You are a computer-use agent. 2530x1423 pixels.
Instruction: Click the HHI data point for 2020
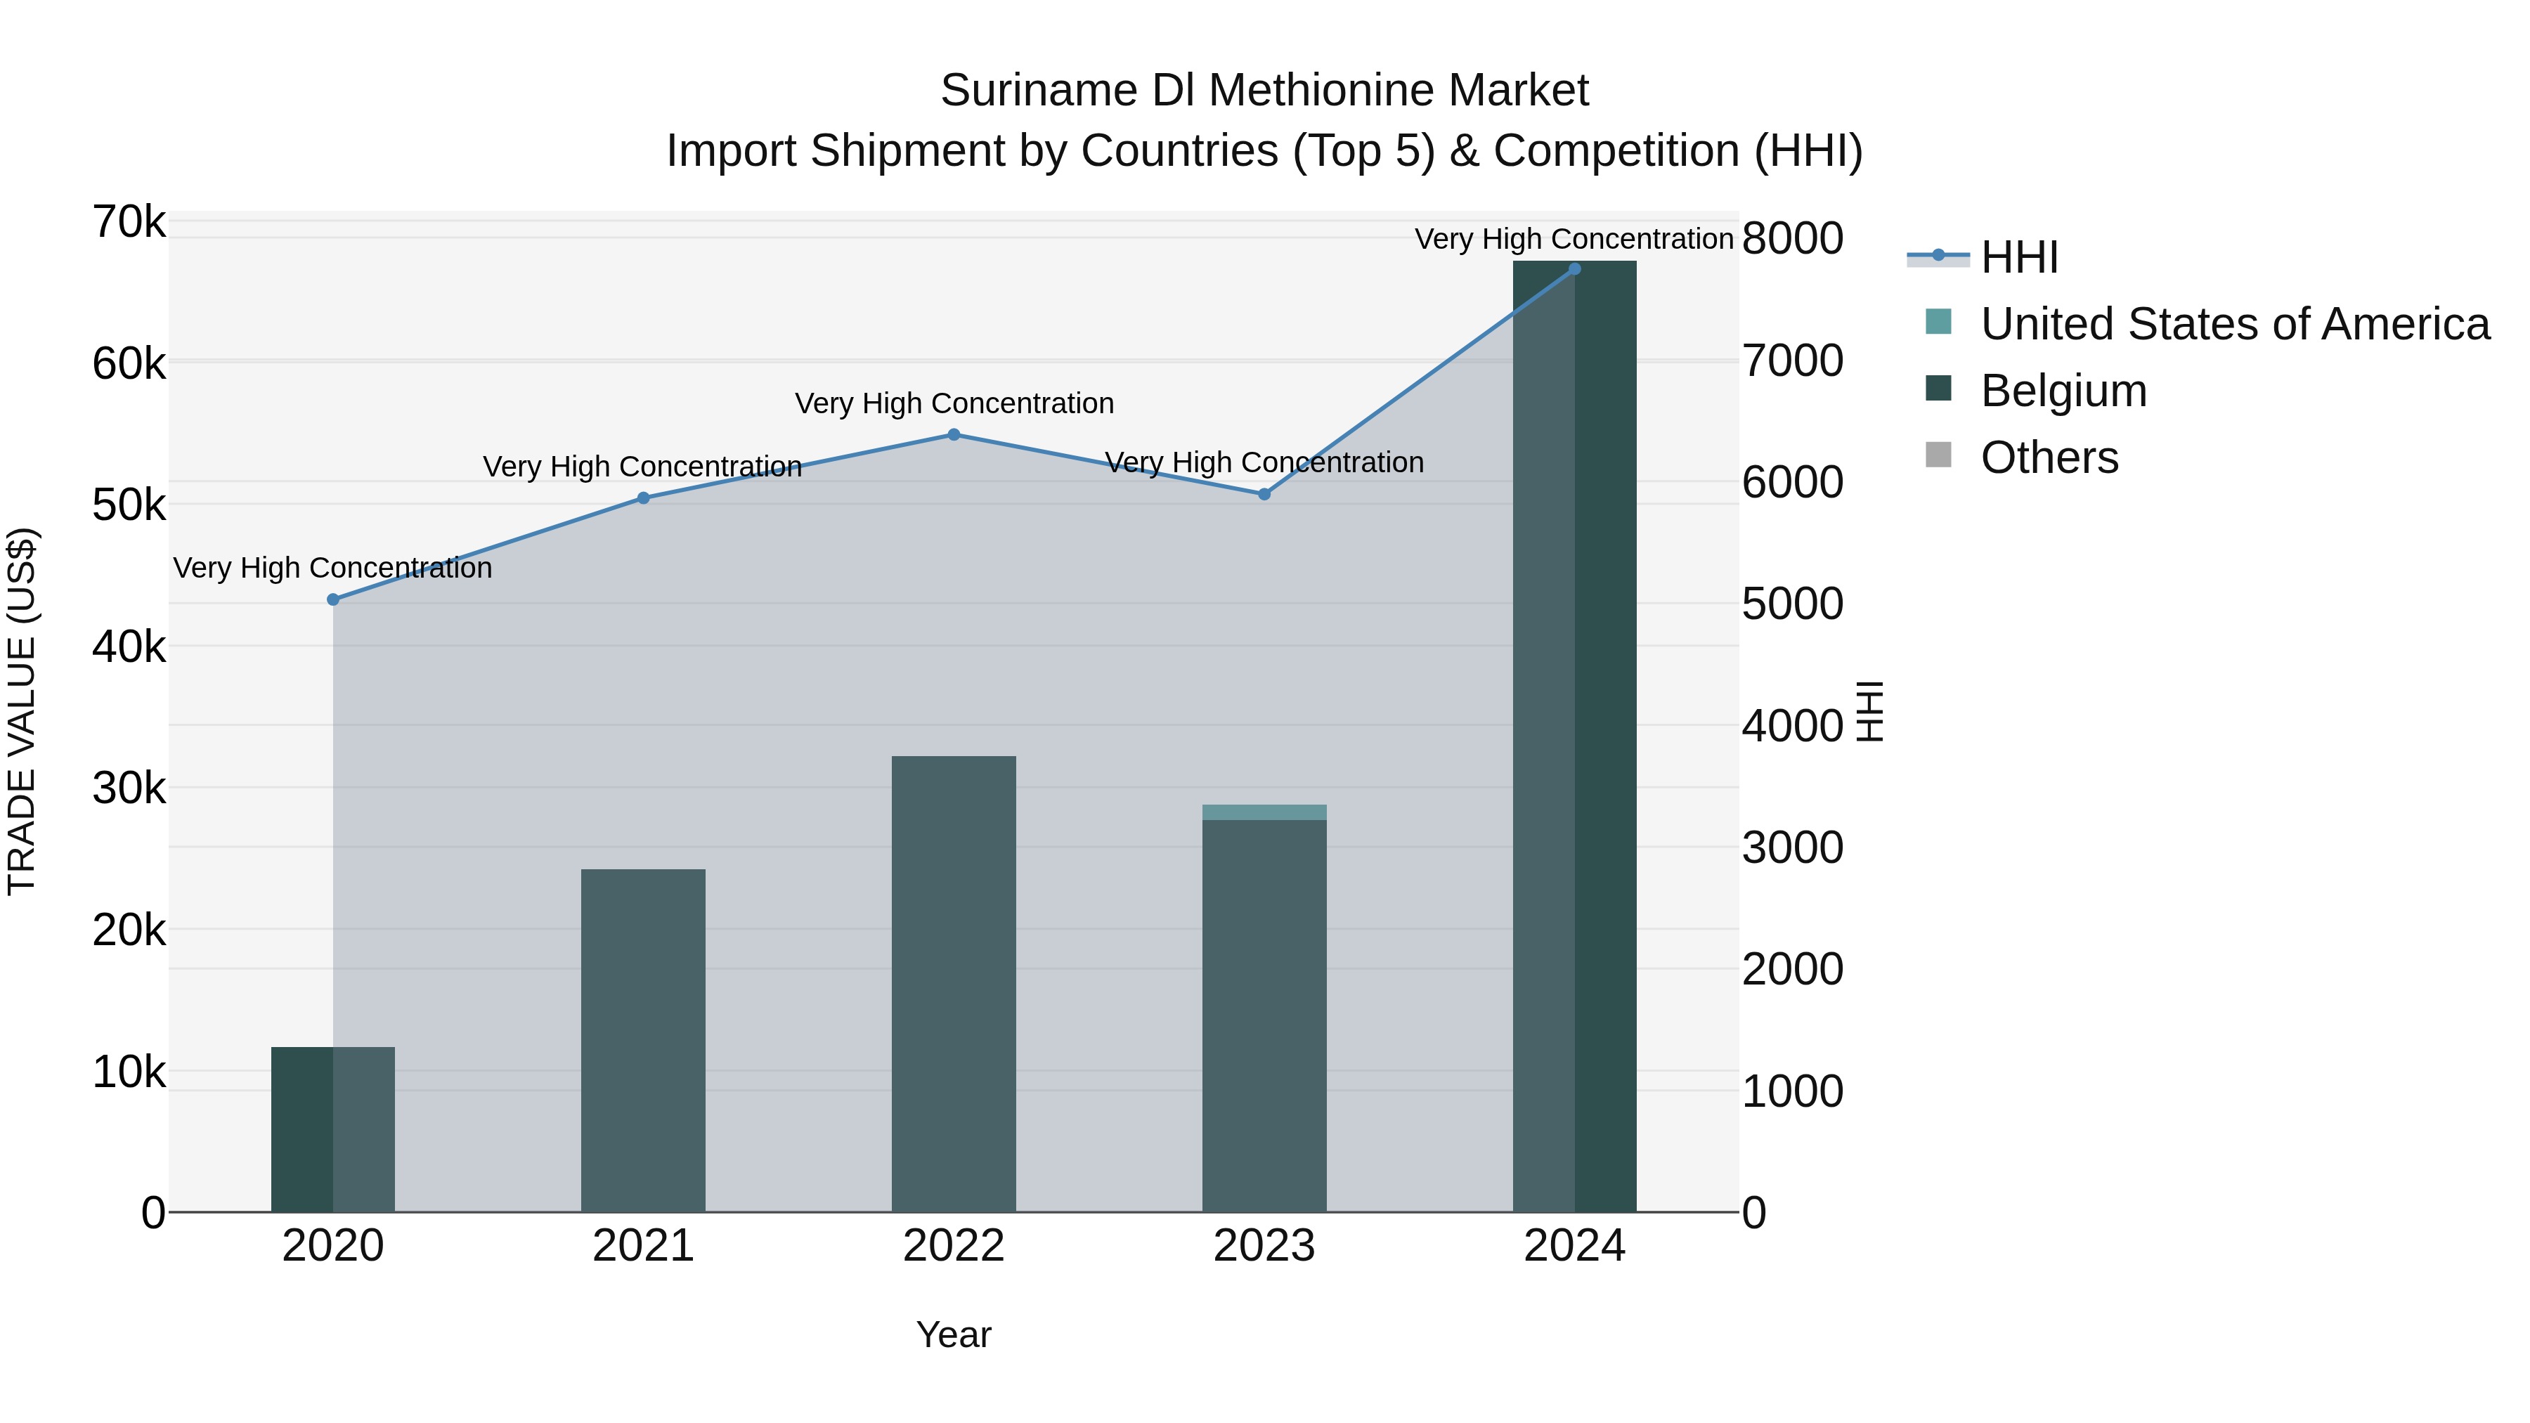click(x=333, y=599)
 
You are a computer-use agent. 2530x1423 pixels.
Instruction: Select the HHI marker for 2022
click(x=954, y=434)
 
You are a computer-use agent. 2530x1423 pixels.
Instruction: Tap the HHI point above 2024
click(x=1574, y=268)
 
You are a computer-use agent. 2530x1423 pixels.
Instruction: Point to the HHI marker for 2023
click(x=1264, y=494)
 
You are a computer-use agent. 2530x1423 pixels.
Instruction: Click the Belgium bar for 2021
click(x=643, y=1040)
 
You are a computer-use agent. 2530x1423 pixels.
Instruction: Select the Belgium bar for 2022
click(x=954, y=983)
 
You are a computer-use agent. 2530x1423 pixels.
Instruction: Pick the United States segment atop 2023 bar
click(x=1264, y=812)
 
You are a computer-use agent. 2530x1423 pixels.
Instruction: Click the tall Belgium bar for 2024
click(x=1574, y=736)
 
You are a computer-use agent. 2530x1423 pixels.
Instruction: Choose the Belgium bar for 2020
click(x=333, y=1129)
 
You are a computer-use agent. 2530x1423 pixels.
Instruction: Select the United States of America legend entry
click(x=2234, y=324)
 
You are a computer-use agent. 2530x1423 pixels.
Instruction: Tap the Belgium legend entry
click(x=2063, y=391)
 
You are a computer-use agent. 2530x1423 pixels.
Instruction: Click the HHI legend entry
click(x=2018, y=257)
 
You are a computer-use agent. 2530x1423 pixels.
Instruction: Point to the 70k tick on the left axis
click(x=129, y=223)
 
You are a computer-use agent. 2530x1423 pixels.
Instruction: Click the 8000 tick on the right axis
click(x=1792, y=239)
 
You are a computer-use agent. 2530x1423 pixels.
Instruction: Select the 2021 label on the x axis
click(x=643, y=1246)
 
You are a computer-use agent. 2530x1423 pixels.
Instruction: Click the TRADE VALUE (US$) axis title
click(x=22, y=711)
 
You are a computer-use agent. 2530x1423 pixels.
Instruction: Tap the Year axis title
click(x=954, y=1334)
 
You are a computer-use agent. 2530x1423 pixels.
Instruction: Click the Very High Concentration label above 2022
click(x=954, y=403)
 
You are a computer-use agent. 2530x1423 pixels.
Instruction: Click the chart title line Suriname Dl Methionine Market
click(x=1264, y=91)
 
